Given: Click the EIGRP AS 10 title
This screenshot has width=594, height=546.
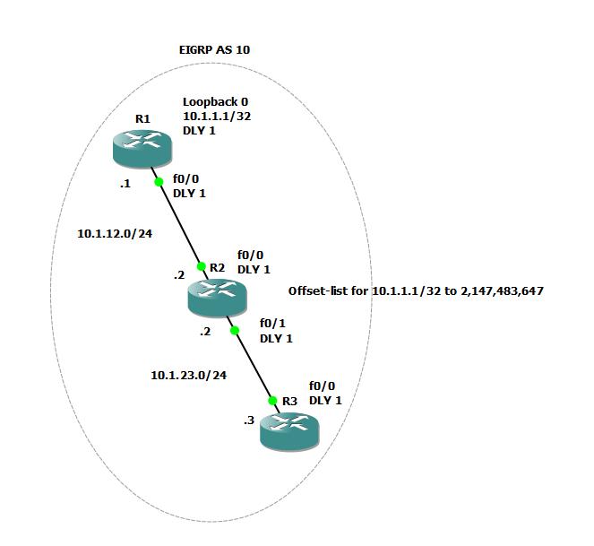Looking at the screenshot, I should pyautogui.click(x=215, y=49).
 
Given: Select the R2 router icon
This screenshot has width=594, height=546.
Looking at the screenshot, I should pyautogui.click(x=217, y=297).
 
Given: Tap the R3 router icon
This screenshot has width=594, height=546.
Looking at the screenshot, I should pyautogui.click(x=289, y=430).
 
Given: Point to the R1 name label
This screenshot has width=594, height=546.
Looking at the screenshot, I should pyautogui.click(x=143, y=118).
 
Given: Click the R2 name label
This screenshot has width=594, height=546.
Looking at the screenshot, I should pyautogui.click(x=218, y=267).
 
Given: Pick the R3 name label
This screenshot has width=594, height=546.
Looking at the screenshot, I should pyautogui.click(x=289, y=401).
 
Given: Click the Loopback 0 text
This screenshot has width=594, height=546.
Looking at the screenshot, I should pyautogui.click(x=215, y=102).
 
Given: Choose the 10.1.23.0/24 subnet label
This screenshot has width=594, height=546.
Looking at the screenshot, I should pyautogui.click(x=188, y=376).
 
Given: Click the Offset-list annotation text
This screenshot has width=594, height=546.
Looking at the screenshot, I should pyautogui.click(x=416, y=291).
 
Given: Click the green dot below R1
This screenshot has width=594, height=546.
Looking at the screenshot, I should pyautogui.click(x=159, y=182).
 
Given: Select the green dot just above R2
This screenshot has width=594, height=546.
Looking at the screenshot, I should pyautogui.click(x=202, y=265).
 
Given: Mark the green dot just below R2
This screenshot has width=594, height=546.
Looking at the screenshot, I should pyautogui.click(x=234, y=331).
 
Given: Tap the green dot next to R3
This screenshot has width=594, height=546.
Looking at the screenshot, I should pyautogui.click(x=271, y=401).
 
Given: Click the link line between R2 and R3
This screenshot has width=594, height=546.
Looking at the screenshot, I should pyautogui.click(x=253, y=366).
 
